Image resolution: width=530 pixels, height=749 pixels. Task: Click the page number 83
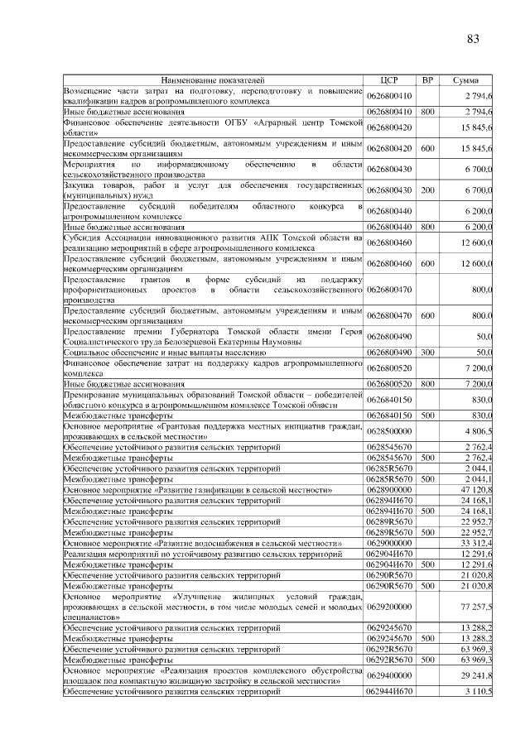pyautogui.click(x=474, y=39)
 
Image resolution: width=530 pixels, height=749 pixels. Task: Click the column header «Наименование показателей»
pyautogui.click(x=214, y=80)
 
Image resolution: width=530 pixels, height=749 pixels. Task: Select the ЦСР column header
pyautogui.click(x=390, y=80)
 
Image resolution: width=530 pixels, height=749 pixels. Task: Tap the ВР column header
pyautogui.click(x=427, y=80)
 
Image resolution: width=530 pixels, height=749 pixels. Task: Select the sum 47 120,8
pyautogui.click(x=477, y=489)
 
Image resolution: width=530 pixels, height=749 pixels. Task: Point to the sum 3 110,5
pyautogui.click(x=479, y=689)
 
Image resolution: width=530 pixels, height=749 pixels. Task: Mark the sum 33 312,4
pyautogui.click(x=477, y=543)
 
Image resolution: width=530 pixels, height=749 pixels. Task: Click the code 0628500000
pyautogui.click(x=390, y=430)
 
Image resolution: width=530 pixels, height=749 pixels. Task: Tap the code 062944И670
pyautogui.click(x=390, y=689)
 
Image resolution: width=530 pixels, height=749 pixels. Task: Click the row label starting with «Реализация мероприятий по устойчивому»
pyautogui.click(x=190, y=554)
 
